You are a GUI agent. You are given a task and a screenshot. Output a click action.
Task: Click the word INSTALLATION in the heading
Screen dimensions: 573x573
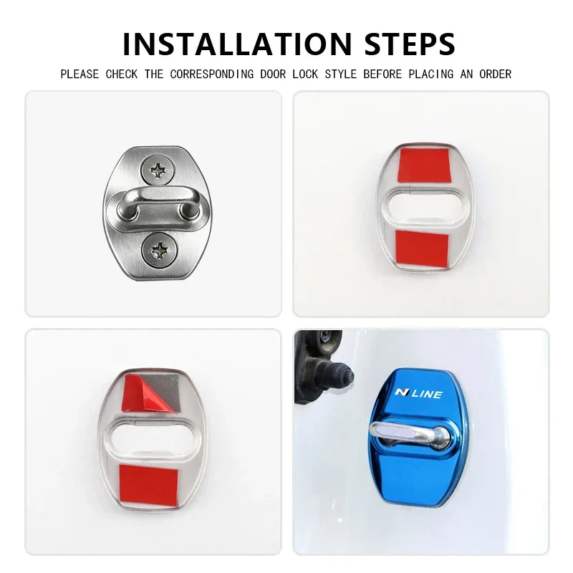[238, 44]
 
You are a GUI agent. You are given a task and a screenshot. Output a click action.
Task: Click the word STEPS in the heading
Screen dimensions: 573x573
[410, 44]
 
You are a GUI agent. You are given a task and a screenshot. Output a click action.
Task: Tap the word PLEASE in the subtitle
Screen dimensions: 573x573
[80, 74]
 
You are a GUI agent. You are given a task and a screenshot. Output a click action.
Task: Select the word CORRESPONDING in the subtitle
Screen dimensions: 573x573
[212, 74]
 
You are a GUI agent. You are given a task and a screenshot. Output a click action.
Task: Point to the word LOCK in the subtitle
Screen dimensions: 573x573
[306, 74]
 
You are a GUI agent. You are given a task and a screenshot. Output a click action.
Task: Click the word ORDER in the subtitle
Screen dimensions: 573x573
[495, 74]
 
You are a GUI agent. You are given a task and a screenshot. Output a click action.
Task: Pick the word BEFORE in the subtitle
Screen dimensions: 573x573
[382, 74]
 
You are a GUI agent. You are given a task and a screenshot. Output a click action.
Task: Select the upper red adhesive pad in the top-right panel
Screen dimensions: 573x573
[424, 165]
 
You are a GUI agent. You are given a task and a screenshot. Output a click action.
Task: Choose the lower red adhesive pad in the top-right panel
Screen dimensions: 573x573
[422, 249]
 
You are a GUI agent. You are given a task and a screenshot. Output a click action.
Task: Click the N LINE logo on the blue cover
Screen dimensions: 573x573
[418, 393]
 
